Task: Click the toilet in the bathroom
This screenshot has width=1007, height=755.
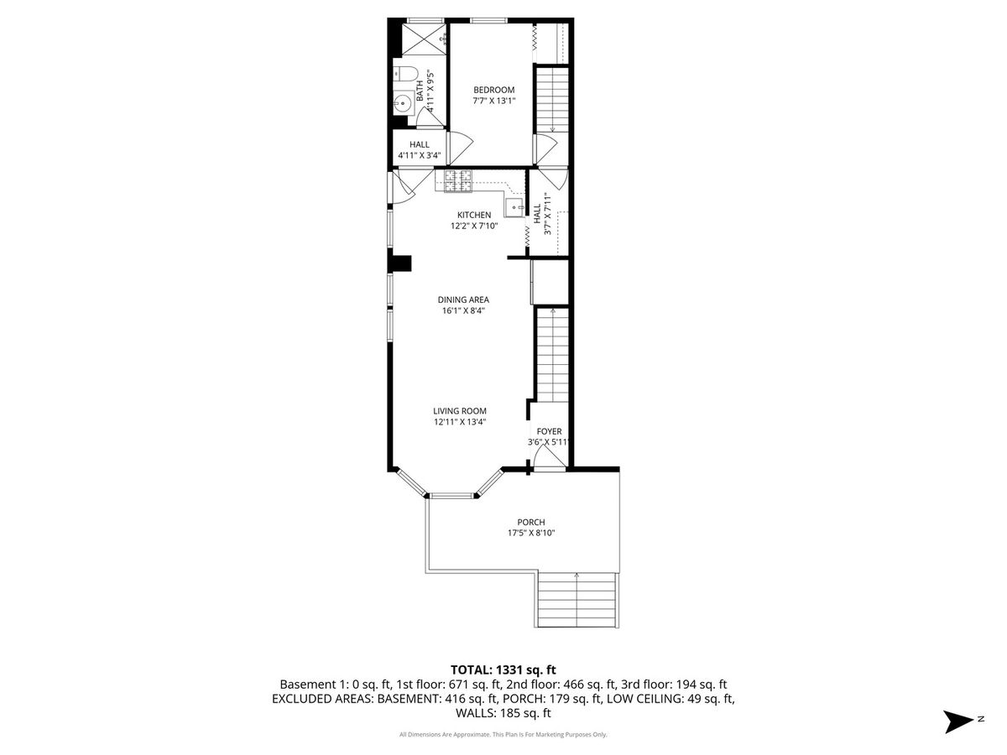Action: point(405,73)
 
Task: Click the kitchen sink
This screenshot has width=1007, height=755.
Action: point(514,208)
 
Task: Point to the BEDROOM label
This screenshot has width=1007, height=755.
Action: point(493,90)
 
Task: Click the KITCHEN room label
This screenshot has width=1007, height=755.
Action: point(474,215)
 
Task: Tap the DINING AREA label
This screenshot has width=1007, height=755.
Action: point(463,299)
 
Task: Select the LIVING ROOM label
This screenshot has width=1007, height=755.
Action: point(460,411)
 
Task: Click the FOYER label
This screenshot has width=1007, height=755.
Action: point(549,431)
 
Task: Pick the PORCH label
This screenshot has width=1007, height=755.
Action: point(531,522)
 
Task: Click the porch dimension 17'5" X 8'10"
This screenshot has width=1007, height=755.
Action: point(531,534)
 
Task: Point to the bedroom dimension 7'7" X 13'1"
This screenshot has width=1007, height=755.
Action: point(493,101)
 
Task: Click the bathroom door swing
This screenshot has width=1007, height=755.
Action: point(430,117)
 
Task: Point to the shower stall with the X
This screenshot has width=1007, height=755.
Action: point(424,39)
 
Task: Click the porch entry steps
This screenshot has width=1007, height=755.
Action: point(577,600)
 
